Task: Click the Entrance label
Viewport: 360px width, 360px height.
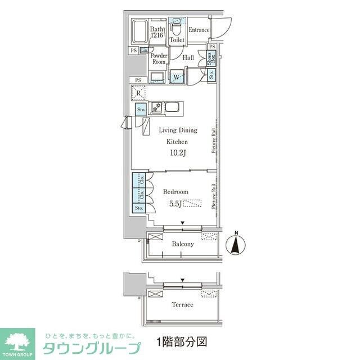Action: coord(199,30)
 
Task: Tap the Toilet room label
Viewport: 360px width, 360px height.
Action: coord(177,40)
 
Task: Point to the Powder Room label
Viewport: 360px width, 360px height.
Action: coord(159,59)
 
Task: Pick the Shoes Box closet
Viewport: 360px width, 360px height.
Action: coord(211,59)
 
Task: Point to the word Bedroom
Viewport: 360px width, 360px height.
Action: coord(175,192)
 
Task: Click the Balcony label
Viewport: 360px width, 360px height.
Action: coord(183,244)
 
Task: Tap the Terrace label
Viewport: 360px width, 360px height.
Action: coord(182,305)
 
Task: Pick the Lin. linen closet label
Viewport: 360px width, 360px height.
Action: coord(144,51)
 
